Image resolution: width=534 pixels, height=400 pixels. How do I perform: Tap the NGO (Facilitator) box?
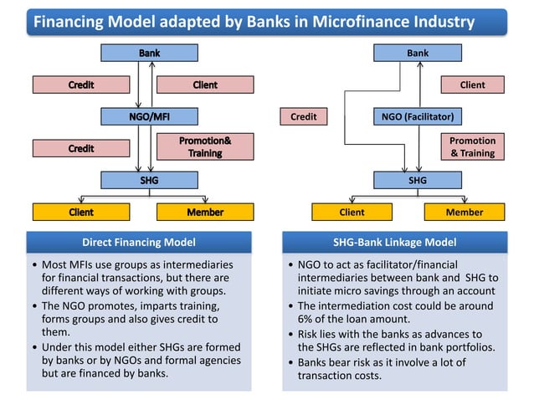pos(417,116)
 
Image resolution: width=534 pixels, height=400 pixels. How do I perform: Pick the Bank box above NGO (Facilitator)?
pos(417,53)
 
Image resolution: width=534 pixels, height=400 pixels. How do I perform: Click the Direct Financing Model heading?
pos(139,243)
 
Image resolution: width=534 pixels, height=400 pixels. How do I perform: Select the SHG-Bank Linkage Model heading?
pos(394,243)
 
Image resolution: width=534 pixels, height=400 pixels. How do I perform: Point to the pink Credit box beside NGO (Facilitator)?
pos(303,116)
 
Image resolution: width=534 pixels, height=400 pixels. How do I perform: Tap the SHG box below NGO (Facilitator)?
pos(417,179)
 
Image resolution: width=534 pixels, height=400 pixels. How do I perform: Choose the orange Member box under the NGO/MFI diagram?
pos(204,212)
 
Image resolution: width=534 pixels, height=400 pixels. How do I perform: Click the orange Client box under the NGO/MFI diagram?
pos(80,212)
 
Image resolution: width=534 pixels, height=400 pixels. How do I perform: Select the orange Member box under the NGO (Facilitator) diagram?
pos(464,212)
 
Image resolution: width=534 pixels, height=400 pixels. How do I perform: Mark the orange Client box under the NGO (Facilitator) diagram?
pos(352,212)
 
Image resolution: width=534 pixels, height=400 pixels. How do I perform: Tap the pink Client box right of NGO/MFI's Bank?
pos(204,85)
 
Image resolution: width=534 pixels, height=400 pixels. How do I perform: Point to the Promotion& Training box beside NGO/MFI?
pos(204,147)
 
